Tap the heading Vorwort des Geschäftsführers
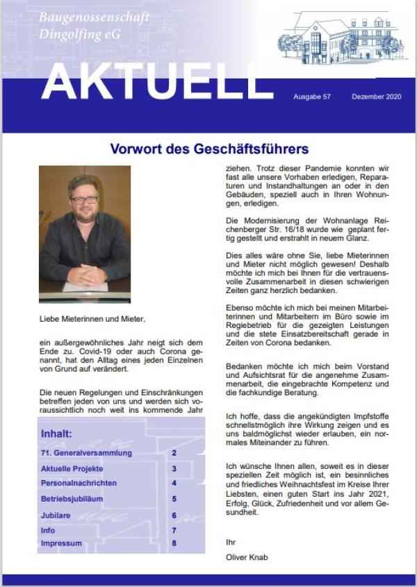coord(209,149)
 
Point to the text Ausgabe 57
coord(312,96)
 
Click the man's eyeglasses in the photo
coord(84,199)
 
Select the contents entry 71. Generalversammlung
coord(86,453)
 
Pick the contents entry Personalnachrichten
coord(79,483)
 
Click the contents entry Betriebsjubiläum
coord(74,499)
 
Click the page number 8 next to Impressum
coord(174,543)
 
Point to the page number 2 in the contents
coord(174,453)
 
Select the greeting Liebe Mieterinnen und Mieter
coord(92,320)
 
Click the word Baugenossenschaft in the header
coord(94,17)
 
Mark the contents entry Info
coord(48,531)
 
